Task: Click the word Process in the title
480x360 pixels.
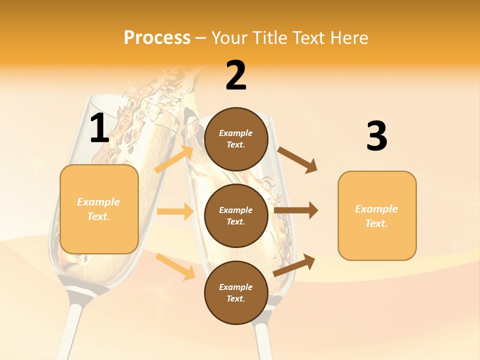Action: [x=157, y=38]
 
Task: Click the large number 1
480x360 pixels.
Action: [x=99, y=129]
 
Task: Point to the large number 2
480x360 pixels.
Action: [x=236, y=75]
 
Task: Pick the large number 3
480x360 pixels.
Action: [x=376, y=136]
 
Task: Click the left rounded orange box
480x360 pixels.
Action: [x=99, y=209]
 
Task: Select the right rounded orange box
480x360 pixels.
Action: [x=377, y=216]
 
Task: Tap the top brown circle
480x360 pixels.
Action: [x=236, y=139]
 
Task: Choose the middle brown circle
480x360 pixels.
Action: [x=236, y=216]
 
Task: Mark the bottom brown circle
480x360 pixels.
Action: [x=236, y=292]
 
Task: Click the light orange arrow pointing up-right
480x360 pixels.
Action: [x=174, y=159]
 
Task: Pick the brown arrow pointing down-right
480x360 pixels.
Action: [x=297, y=160]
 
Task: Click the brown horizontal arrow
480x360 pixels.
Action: [x=296, y=210]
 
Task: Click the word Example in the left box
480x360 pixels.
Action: [x=98, y=202]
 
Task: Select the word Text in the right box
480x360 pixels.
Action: [x=376, y=223]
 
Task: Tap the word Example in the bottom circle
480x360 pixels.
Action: [x=236, y=287]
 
